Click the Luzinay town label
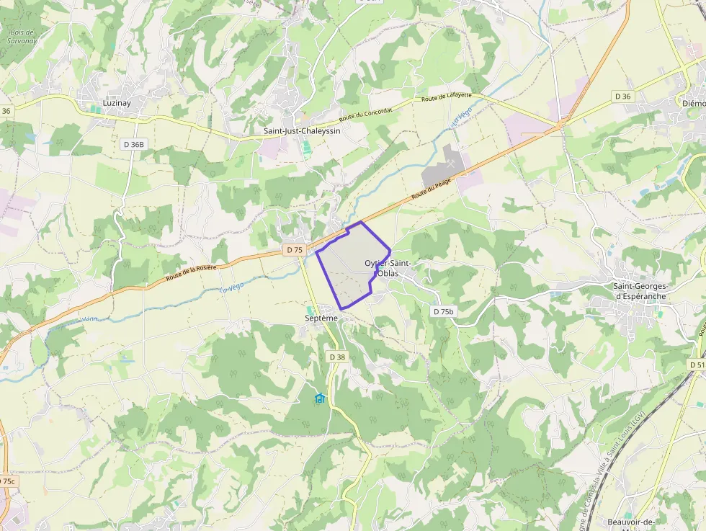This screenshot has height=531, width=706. click(117, 103)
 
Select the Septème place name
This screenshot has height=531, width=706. click(321, 318)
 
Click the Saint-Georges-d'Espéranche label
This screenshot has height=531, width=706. click(640, 291)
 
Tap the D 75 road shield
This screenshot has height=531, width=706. click(294, 249)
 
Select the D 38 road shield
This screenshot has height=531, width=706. click(337, 357)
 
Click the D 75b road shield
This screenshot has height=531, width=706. click(444, 311)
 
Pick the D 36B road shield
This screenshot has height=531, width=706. click(133, 144)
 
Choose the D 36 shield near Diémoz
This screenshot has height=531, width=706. click(622, 96)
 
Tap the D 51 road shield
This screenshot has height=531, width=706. click(697, 365)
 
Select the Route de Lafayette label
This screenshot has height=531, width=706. click(447, 97)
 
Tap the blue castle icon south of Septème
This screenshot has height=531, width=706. click(320, 398)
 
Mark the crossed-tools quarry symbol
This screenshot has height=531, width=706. click(451, 164)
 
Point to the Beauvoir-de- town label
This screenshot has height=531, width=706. click(630, 522)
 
